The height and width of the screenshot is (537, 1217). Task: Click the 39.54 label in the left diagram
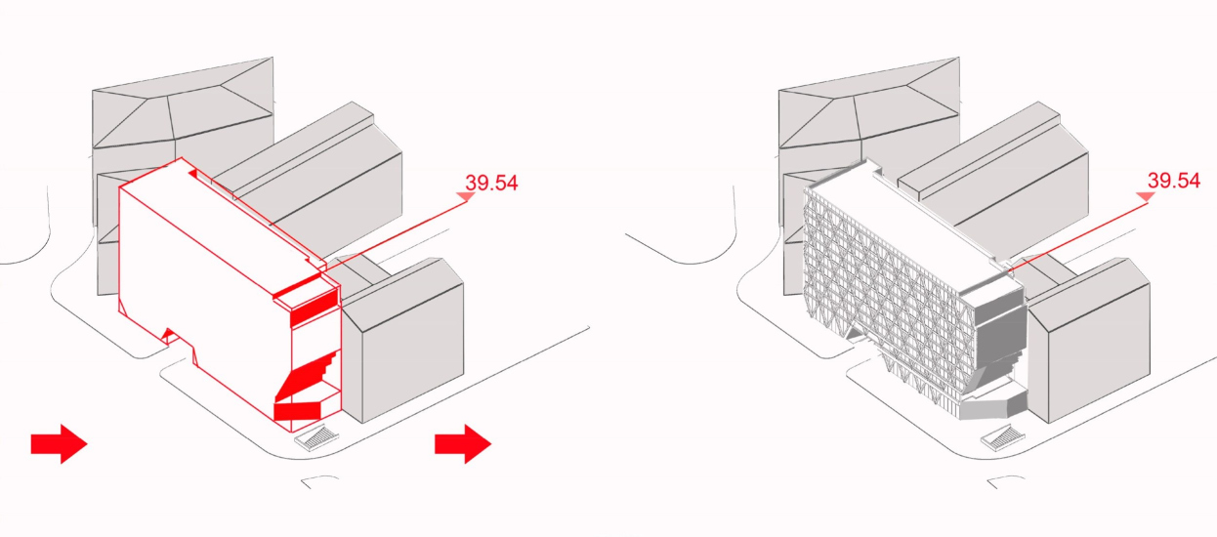pyautogui.click(x=491, y=183)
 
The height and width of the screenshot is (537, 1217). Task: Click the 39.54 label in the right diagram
pyautogui.click(x=1174, y=181)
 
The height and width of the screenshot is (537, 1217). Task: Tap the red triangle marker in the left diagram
pyautogui.click(x=466, y=196)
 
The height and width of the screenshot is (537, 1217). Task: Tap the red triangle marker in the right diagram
pyautogui.click(x=1146, y=196)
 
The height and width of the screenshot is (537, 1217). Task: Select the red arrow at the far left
pyautogui.click(x=59, y=443)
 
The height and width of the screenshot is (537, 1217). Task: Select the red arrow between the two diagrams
pyautogui.click(x=463, y=443)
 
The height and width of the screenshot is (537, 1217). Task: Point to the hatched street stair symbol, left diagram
pyautogui.click(x=317, y=437)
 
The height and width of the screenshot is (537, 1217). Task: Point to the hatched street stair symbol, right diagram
pyautogui.click(x=1003, y=437)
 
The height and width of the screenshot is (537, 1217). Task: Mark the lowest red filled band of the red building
pyautogui.click(x=298, y=412)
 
